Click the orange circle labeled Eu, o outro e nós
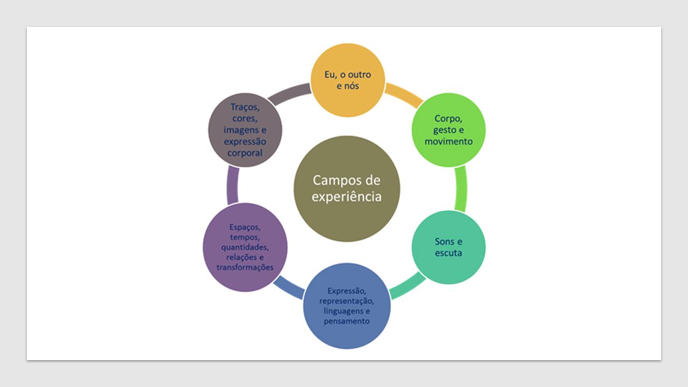[348, 80]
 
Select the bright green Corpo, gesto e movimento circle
[448, 130]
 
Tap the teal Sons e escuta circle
[448, 247]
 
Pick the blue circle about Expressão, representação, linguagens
[347, 306]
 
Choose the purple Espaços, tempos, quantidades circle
[245, 247]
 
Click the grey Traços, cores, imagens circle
[245, 130]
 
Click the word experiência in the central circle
[347, 197]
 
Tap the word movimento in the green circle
[448, 141]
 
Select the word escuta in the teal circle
[448, 253]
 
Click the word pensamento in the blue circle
[347, 321]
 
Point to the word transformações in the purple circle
[245, 267]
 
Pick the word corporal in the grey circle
[245, 153]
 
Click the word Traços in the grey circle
[245, 107]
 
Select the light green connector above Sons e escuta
[461, 189]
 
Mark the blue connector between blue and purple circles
[289, 288]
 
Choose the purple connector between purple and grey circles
[233, 185]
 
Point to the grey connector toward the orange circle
[289, 94]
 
